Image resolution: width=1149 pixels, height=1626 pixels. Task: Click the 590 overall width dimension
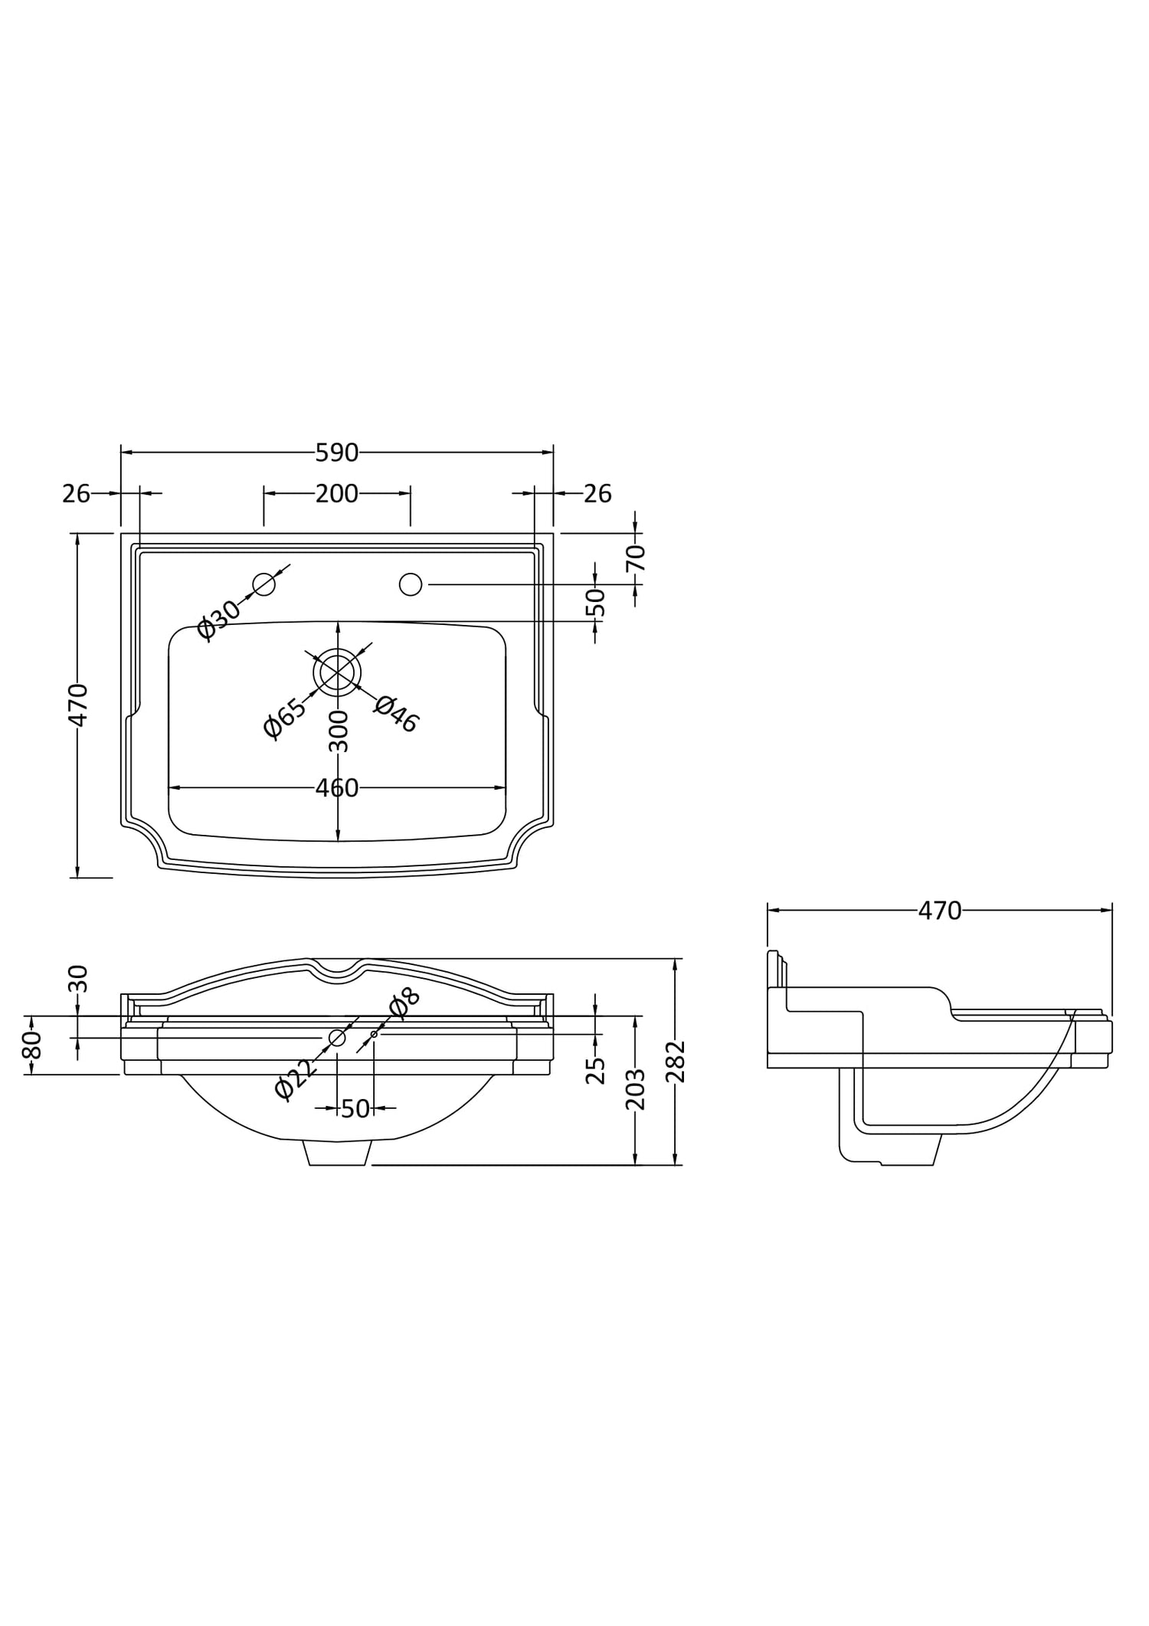click(x=337, y=453)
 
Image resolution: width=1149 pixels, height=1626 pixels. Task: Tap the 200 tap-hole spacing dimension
click(x=337, y=494)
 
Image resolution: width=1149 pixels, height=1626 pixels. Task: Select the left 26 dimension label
click(x=76, y=494)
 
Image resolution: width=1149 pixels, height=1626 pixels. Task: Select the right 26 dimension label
click(x=597, y=494)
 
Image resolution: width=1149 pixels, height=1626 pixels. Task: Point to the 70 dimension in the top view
click(x=637, y=558)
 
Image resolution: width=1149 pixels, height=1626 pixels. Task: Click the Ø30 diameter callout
click(x=218, y=619)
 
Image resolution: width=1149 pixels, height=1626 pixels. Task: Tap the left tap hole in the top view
click(x=264, y=584)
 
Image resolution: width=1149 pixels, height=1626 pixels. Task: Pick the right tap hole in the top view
click(x=411, y=584)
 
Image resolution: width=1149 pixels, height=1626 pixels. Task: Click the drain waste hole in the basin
click(x=337, y=672)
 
